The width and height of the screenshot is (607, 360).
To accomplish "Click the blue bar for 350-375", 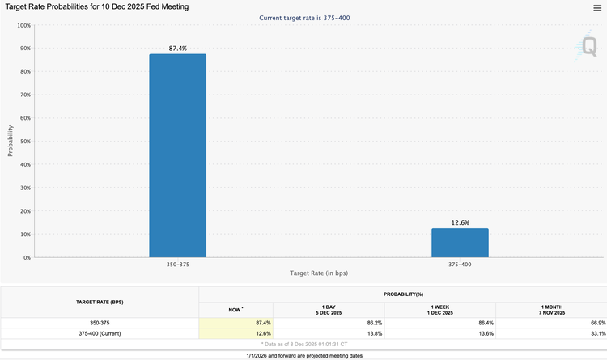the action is coord(178,155).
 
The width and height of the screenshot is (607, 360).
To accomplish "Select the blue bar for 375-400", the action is coord(460,243).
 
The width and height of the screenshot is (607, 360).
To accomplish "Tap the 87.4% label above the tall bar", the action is coord(178,49).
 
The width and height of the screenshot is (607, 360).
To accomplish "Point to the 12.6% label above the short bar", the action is coord(460,222).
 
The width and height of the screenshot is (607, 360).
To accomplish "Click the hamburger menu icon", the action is coord(597,8).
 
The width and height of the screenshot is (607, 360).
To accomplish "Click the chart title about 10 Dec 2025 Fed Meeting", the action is coord(97,7).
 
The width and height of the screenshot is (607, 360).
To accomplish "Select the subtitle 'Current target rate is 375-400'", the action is coord(304,18).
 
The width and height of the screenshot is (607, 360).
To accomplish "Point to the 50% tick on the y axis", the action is coord(26,142).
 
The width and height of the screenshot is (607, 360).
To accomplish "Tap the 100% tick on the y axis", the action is coord(24,25).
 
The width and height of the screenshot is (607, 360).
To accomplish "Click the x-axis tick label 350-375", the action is coord(178,265).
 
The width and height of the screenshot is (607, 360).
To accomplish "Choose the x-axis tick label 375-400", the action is coord(460,265).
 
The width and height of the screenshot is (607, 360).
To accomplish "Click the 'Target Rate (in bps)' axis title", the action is coord(319,273).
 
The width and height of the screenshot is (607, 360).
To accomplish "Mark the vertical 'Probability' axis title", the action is coord(11,141).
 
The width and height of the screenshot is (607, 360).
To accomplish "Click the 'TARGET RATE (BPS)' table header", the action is coord(100,302).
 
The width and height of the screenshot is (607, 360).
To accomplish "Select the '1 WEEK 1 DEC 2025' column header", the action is coord(439,310).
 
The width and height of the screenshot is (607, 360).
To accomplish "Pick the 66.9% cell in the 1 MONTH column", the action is coord(598,323).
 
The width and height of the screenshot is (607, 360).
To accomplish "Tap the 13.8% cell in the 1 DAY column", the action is coord(375,333).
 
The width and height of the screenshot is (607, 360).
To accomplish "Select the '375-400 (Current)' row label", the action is coord(100,333).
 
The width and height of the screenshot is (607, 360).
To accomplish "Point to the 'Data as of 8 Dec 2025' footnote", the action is coord(304,344).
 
